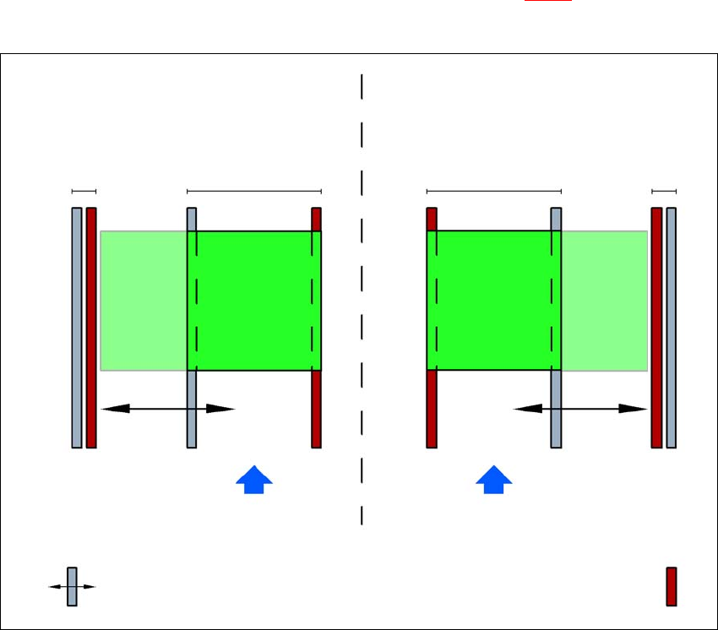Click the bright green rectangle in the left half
coord(254,301)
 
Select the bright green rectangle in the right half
coord(494,301)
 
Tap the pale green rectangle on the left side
coord(144,301)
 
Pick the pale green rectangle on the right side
coord(605,301)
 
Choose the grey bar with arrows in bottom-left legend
coord(72,586)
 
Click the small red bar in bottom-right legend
coord(672,586)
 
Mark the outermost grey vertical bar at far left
coord(77,328)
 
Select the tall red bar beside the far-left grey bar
coord(91,328)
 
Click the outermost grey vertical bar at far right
coord(672,328)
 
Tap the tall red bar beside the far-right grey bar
coord(656,328)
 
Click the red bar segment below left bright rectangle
coord(317,409)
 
